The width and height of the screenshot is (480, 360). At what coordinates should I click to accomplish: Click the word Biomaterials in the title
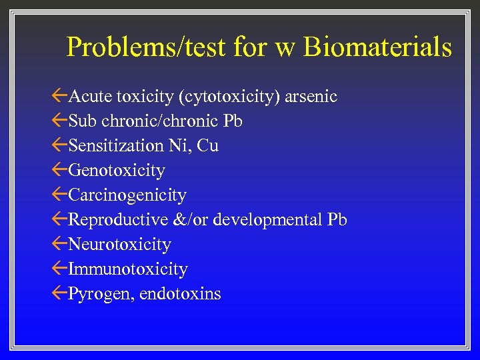tap(377, 47)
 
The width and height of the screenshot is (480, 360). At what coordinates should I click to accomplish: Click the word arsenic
tap(311, 97)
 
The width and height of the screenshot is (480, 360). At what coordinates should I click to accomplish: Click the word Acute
tap(90, 97)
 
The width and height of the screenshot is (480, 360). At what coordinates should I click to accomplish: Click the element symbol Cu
tap(208, 146)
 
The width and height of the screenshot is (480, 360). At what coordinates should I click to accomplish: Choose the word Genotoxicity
tap(117, 171)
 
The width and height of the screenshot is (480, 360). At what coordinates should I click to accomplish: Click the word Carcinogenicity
tap(127, 195)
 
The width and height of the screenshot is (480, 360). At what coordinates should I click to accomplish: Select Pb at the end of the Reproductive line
tap(337, 220)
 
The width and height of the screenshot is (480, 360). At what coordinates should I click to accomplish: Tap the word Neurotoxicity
tap(119, 245)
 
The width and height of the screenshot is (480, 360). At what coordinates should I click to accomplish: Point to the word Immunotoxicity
tap(128, 269)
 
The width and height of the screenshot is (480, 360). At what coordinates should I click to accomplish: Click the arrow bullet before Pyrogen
tap(59, 293)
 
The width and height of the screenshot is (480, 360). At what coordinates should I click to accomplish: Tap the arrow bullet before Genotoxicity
tap(59, 170)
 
